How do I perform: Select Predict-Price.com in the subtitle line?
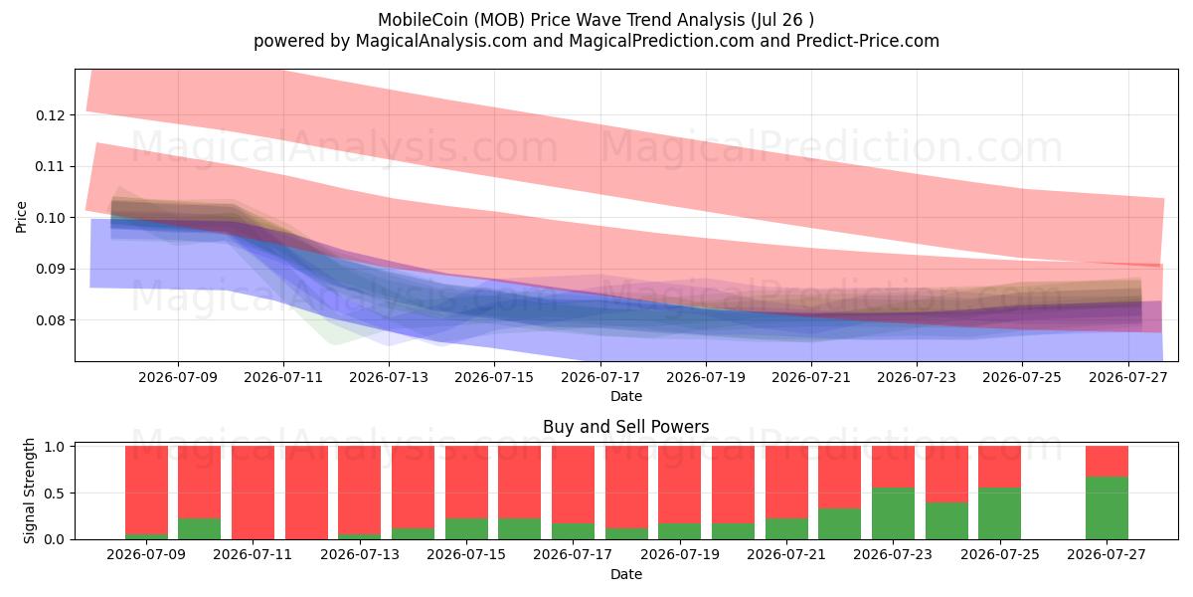[x=868, y=41]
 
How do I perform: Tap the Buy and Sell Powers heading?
[x=625, y=427]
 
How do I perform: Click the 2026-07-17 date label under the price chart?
[x=600, y=377]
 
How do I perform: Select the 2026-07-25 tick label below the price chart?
[x=1022, y=377]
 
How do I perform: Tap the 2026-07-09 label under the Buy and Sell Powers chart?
[x=146, y=554]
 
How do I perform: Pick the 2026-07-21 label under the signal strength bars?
[x=786, y=554]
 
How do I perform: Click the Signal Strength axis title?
[x=29, y=491]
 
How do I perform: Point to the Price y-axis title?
[x=21, y=217]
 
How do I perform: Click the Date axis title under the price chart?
[x=625, y=396]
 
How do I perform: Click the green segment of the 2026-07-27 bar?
[x=1107, y=508]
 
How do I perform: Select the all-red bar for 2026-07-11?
[x=253, y=493]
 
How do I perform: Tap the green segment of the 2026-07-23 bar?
[x=893, y=513]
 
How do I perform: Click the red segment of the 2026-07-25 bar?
[x=1000, y=467]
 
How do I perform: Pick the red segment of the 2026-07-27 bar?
[x=1107, y=461]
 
